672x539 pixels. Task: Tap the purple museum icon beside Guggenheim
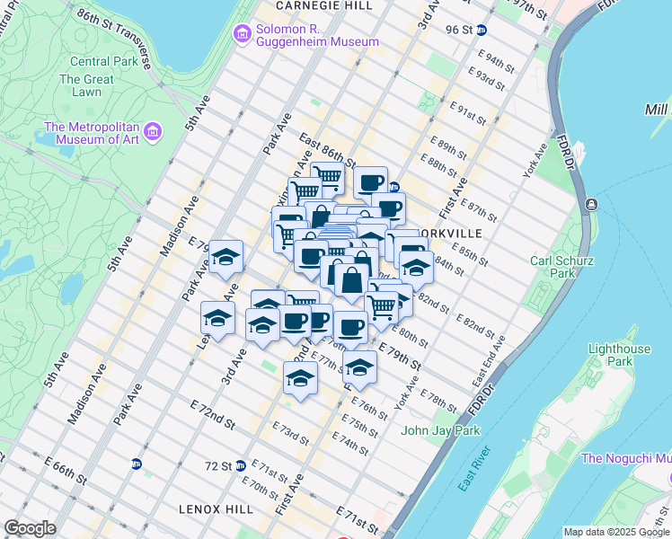click(241, 34)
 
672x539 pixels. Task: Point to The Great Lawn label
click(86, 85)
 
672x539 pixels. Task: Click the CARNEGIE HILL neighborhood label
click(311, 5)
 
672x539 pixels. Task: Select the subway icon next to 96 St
click(482, 30)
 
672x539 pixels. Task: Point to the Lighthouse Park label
click(619, 355)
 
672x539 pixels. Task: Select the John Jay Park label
click(440, 430)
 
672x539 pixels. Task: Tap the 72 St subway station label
click(218, 466)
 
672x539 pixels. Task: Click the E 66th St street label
click(65, 469)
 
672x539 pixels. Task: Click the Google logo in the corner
click(30, 528)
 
